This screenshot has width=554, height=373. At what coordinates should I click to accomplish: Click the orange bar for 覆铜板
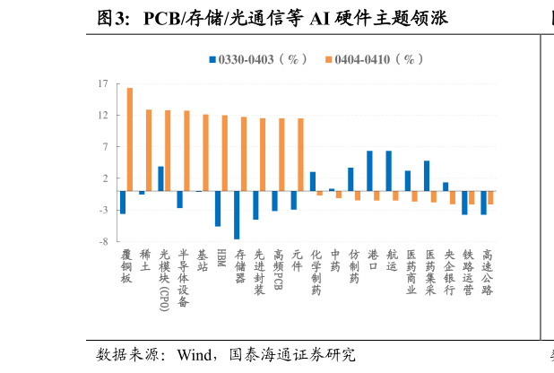pyautogui.click(x=130, y=139)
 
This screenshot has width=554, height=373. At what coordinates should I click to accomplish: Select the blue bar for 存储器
pyautogui.click(x=237, y=215)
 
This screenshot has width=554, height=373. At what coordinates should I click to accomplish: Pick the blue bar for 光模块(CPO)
pyautogui.click(x=161, y=178)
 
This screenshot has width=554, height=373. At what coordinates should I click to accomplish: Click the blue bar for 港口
pyautogui.click(x=369, y=171)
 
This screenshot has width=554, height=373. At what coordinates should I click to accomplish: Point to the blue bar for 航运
pyautogui.click(x=388, y=171)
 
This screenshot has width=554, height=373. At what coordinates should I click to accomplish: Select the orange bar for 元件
pyautogui.click(x=300, y=154)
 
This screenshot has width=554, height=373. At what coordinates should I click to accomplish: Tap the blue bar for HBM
pyautogui.click(x=218, y=209)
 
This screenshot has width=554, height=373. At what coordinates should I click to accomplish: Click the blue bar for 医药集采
pyautogui.click(x=427, y=176)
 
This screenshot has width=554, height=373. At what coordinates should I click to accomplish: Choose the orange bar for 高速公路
pyautogui.click(x=490, y=197)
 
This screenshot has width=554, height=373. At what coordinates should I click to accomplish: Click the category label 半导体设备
pyautogui.click(x=183, y=278)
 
